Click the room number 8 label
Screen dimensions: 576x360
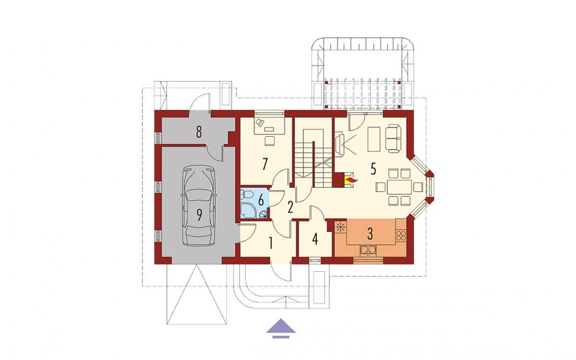pos(199,132)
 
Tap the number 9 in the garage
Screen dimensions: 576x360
pos(199,215)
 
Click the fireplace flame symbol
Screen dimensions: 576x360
pos(351,181)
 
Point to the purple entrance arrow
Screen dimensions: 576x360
pos(281,327)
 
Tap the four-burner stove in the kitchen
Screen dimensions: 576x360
pos(401,235)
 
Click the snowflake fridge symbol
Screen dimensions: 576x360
pos(341,227)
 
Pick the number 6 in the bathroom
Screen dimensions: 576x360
pos(261,201)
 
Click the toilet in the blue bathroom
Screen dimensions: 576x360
pos(245,194)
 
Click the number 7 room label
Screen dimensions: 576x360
pos(264,164)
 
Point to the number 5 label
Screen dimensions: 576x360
pos(373,169)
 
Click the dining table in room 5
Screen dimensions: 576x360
pos(399,187)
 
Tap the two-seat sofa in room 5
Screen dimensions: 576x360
pos(393,138)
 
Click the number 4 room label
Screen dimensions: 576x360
pos(315,239)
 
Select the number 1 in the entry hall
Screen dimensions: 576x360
pos(271,243)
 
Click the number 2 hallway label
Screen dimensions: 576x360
pos(290,208)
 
